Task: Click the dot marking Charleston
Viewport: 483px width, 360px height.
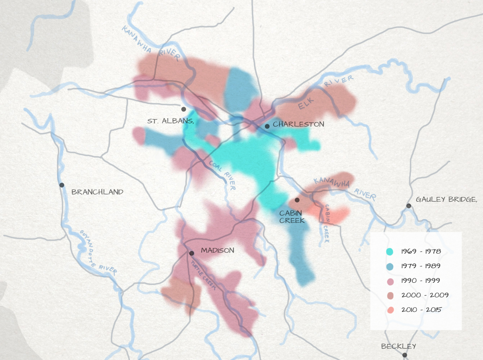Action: coord(267,126)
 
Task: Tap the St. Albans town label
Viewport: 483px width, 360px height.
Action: coord(170,121)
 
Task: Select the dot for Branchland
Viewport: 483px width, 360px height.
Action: coord(62,185)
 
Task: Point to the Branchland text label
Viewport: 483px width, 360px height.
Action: coord(97,192)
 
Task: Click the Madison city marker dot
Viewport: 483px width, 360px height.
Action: coord(192,253)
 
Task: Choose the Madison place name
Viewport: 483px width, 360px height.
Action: coord(217,251)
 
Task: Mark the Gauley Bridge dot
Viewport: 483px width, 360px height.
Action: coord(409,206)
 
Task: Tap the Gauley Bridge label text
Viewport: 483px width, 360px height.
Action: coord(446,200)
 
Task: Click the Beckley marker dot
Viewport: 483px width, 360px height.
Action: coord(405,355)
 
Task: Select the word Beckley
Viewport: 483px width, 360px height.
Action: coord(398,346)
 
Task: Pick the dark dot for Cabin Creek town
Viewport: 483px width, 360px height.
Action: coord(297,200)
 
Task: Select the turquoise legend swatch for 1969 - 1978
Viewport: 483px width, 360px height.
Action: coord(390,252)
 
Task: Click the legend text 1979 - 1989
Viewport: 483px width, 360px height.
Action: coord(421,266)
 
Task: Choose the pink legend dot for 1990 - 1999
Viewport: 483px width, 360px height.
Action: coord(390,281)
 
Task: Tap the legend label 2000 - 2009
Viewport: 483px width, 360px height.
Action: coord(425,295)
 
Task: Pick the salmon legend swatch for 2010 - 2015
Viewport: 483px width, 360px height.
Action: coord(390,310)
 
